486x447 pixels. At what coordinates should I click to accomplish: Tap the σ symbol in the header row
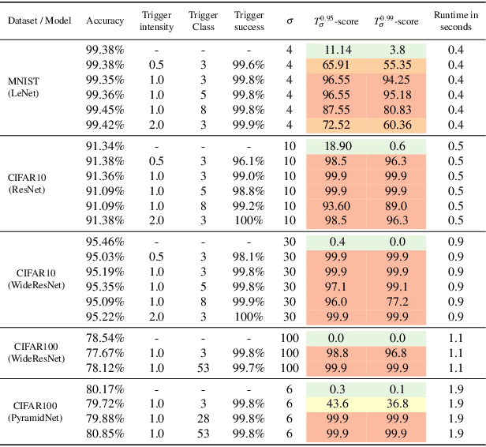[x=288, y=21]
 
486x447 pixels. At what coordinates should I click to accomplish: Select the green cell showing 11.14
[x=337, y=49]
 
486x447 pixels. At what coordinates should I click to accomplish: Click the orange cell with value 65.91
[x=337, y=65]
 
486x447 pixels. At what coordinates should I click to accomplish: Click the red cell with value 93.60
[x=337, y=206]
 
